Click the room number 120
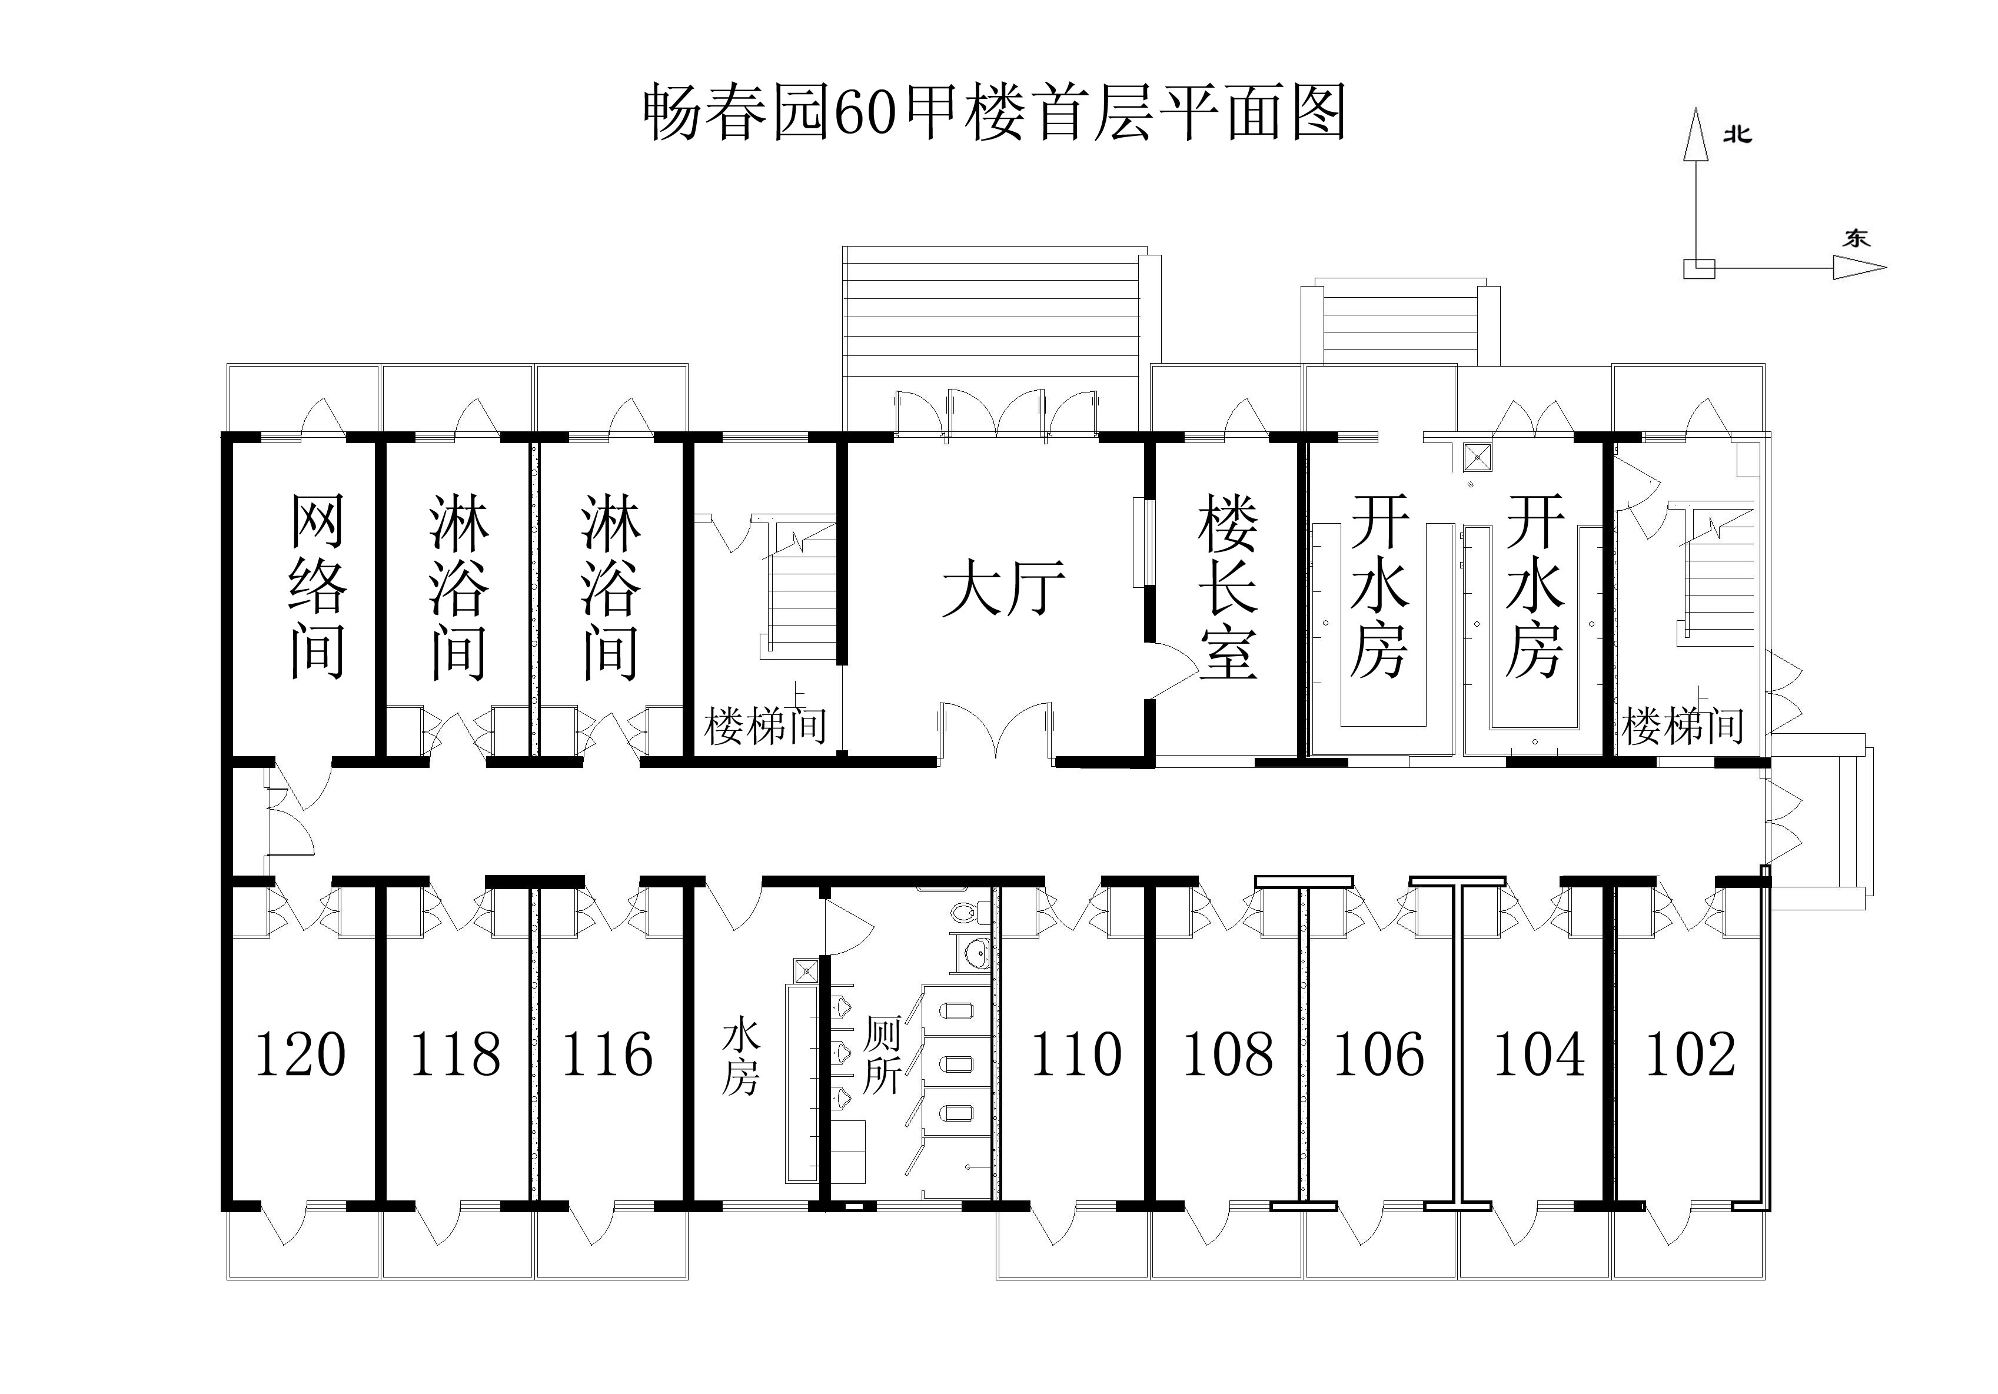(x=300, y=1054)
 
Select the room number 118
(x=455, y=1054)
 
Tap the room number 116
(x=607, y=1054)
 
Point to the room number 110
(x=1076, y=1054)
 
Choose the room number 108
(x=1228, y=1054)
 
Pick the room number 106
(x=1379, y=1054)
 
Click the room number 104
(x=1540, y=1054)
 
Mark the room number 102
(x=1691, y=1054)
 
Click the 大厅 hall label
(x=1004, y=589)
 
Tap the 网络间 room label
(x=318, y=587)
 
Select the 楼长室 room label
(x=1228, y=587)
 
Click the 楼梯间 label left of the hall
(x=765, y=726)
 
